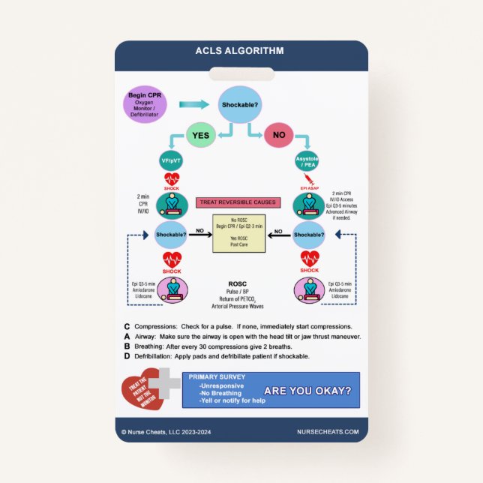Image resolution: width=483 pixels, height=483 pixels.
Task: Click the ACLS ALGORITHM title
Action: [x=241, y=52]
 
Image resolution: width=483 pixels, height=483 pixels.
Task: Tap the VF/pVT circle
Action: [x=172, y=161]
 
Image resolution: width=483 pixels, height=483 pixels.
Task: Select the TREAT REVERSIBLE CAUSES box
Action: [x=237, y=202]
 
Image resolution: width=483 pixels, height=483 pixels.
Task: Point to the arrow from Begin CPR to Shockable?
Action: [x=193, y=105]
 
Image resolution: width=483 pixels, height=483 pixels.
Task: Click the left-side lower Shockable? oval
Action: [x=172, y=233]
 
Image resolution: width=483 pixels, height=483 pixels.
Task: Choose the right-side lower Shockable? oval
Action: [x=309, y=233]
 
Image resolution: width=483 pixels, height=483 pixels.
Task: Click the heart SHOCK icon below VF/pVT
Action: [x=172, y=180]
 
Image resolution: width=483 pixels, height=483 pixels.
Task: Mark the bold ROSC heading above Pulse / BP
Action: [x=238, y=284]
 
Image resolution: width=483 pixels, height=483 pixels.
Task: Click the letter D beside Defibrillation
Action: [x=127, y=356]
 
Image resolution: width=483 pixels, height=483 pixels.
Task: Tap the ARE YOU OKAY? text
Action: [x=307, y=391]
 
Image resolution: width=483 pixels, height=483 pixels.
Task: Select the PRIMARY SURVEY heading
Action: [x=217, y=377]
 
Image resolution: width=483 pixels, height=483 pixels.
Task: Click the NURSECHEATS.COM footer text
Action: [x=327, y=431]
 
